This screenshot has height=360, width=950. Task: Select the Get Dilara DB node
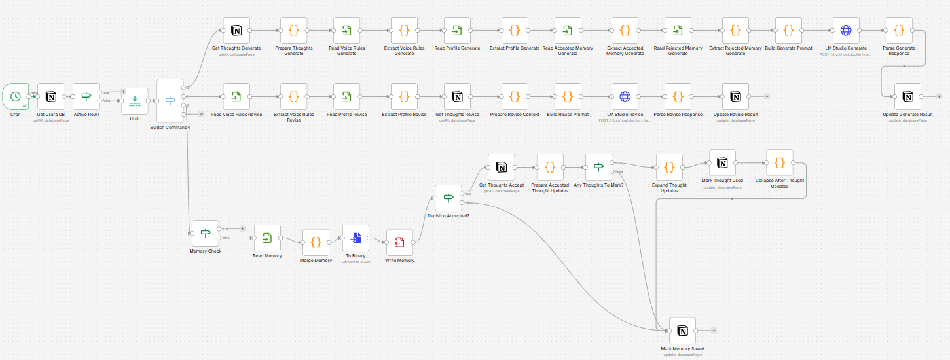[50, 97]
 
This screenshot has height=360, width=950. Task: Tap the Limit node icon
[134, 101]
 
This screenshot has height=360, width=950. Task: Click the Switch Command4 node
[170, 101]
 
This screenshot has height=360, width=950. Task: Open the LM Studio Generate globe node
[846, 30]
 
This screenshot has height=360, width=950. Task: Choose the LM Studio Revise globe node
[625, 96]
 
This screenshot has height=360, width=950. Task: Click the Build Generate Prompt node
[788, 30]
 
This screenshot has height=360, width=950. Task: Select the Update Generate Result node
[907, 96]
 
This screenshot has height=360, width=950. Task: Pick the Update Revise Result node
[735, 96]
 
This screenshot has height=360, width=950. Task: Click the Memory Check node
[205, 233]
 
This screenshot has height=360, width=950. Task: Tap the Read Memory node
[267, 238]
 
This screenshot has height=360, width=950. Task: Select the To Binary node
[356, 238]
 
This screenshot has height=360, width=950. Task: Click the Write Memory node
[399, 243]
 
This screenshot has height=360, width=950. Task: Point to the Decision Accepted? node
[448, 198]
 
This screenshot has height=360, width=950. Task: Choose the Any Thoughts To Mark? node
[598, 168]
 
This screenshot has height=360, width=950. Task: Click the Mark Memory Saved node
[682, 331]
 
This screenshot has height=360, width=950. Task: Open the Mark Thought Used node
[722, 163]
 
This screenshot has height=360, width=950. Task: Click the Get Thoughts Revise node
[457, 96]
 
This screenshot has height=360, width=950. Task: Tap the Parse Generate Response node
[899, 30]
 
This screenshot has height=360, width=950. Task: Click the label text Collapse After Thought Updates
[779, 183]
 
